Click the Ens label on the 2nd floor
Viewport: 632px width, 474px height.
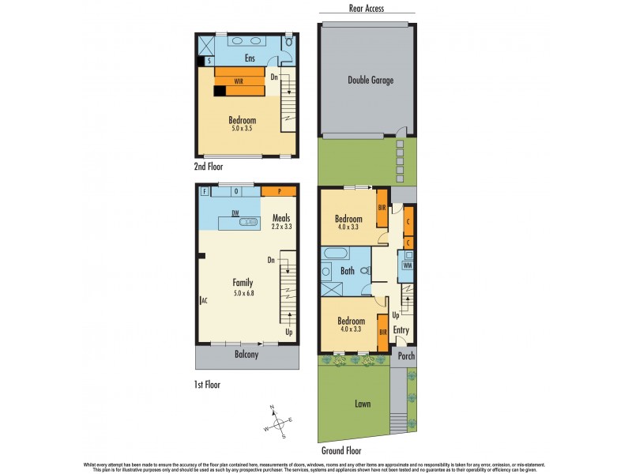click(249, 58)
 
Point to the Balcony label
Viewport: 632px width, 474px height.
click(246, 355)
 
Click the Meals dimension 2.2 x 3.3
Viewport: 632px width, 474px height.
click(281, 227)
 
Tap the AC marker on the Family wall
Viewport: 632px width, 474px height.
click(204, 301)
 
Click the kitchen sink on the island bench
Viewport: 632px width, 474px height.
click(249, 224)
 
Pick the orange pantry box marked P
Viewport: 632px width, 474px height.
click(278, 191)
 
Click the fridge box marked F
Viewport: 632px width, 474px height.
click(204, 191)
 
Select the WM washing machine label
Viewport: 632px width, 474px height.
click(408, 265)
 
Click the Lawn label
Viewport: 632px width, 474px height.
click(362, 404)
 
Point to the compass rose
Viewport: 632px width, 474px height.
click(276, 422)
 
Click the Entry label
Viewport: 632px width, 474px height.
click(401, 329)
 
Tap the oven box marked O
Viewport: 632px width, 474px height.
click(235, 190)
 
